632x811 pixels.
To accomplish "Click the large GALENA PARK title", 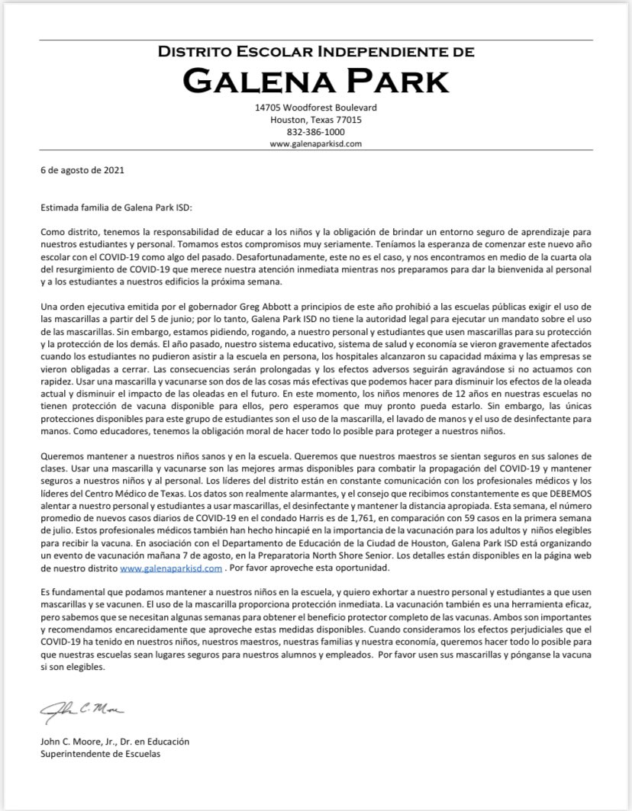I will click(x=315, y=79).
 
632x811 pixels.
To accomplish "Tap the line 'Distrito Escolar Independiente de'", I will click(x=315, y=52).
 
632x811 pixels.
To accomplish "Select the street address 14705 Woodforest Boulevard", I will click(x=315, y=108).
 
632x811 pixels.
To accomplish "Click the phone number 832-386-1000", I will click(x=315, y=131).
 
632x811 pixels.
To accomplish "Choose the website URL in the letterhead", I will click(x=315, y=143).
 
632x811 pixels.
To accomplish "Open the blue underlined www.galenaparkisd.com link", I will click(x=170, y=568).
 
